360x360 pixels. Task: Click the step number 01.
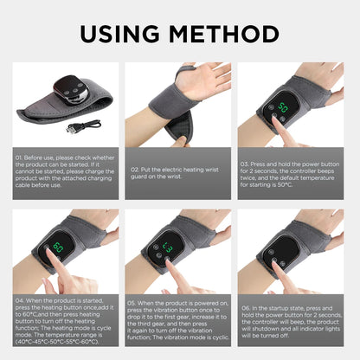tap(20, 157)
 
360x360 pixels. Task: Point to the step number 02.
tap(135, 170)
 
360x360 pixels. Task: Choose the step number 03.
tap(247, 161)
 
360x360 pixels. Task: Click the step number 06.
tap(247, 306)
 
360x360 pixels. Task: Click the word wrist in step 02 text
tap(207, 170)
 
